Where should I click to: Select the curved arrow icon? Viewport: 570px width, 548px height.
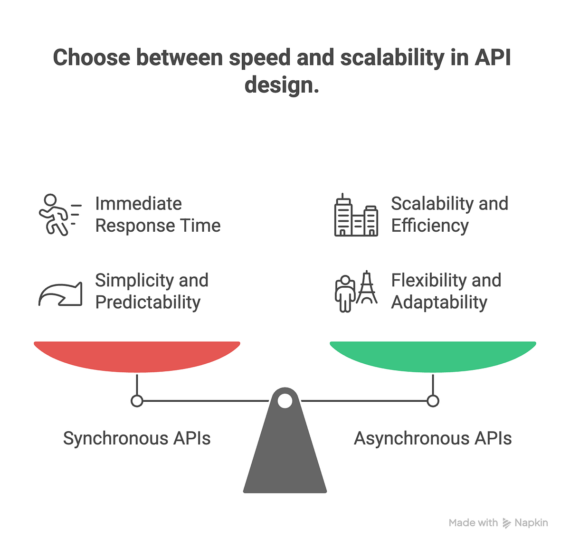point(60,294)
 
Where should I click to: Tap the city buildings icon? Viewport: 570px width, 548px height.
point(356,216)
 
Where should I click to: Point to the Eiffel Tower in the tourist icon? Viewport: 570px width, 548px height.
point(367,288)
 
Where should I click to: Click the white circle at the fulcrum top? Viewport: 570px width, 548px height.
point(285,401)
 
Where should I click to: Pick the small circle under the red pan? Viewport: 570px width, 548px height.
point(137,401)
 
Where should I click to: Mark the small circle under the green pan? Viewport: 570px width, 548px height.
point(433,401)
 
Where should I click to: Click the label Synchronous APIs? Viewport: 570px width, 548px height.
point(137,438)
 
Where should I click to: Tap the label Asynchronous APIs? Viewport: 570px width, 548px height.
point(433,438)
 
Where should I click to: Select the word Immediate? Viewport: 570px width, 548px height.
point(138,204)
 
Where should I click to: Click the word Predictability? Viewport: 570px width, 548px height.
point(148,302)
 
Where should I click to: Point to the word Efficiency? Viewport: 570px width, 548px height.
point(430,226)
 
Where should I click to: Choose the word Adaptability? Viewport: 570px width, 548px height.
point(439,302)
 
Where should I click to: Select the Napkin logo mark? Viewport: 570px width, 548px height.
point(507,523)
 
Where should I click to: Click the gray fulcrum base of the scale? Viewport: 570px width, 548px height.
point(285,456)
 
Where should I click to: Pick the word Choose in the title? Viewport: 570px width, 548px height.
point(91,58)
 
